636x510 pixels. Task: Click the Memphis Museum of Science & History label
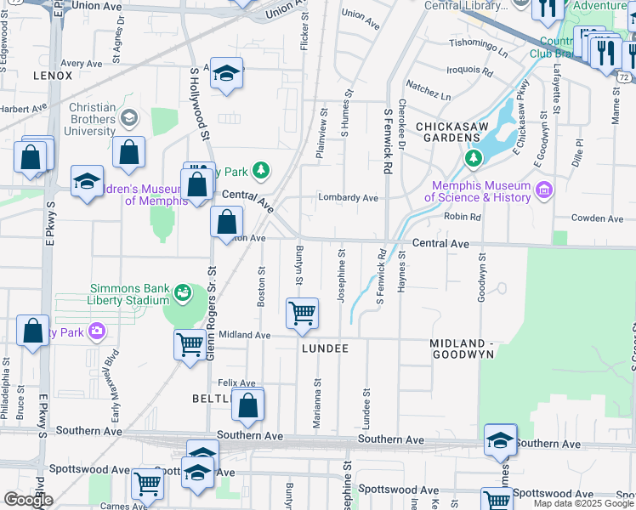coord(481,192)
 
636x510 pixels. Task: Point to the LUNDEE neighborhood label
coord(325,348)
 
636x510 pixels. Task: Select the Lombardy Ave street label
coord(348,197)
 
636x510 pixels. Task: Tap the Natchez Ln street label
coord(428,85)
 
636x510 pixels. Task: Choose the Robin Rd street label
coord(463,217)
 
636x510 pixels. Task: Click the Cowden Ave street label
coord(597,218)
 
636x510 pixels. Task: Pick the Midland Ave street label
coord(244,336)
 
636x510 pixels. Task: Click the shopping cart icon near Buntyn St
coord(303,313)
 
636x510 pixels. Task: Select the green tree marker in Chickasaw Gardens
coord(474,158)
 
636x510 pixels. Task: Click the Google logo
coord(27,500)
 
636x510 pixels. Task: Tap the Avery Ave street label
coord(82,63)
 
